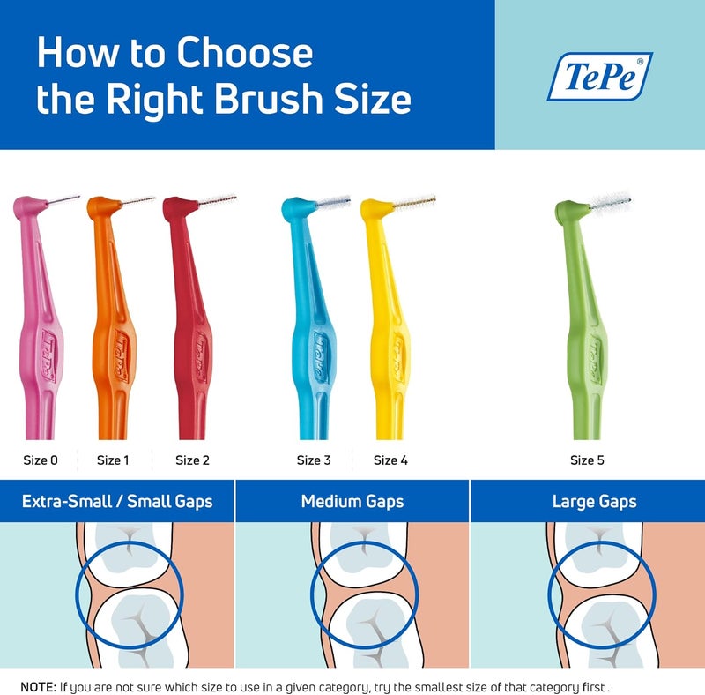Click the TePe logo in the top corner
coord(599,76)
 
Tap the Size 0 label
coord(41,460)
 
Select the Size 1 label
coord(114,460)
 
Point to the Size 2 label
coord(192,460)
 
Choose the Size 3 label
coord(314,460)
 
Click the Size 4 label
coord(390,460)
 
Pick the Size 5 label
coord(587,460)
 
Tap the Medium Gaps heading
coord(352,502)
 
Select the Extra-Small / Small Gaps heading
coord(117,502)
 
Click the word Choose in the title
coord(244,55)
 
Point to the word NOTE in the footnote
coord(37,685)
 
